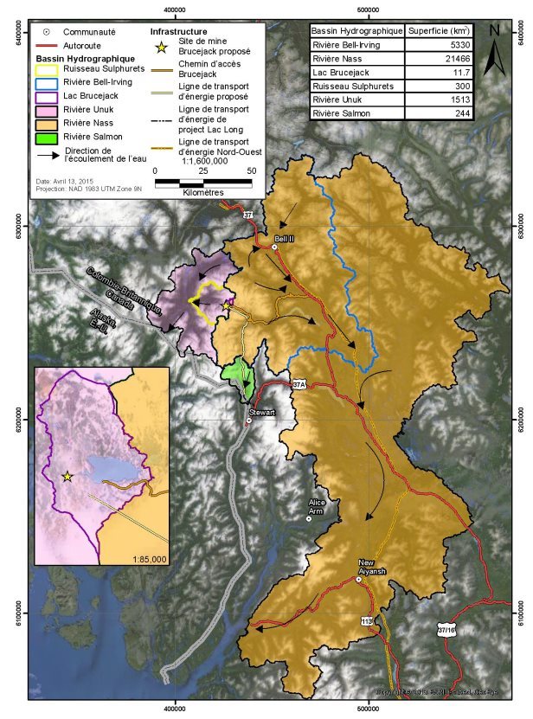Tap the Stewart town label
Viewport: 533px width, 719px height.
pyautogui.click(x=261, y=413)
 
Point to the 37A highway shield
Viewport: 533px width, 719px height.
pyautogui.click(x=299, y=383)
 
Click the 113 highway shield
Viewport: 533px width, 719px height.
pyautogui.click(x=367, y=620)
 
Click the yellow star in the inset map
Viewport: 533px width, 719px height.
pyautogui.click(x=67, y=476)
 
